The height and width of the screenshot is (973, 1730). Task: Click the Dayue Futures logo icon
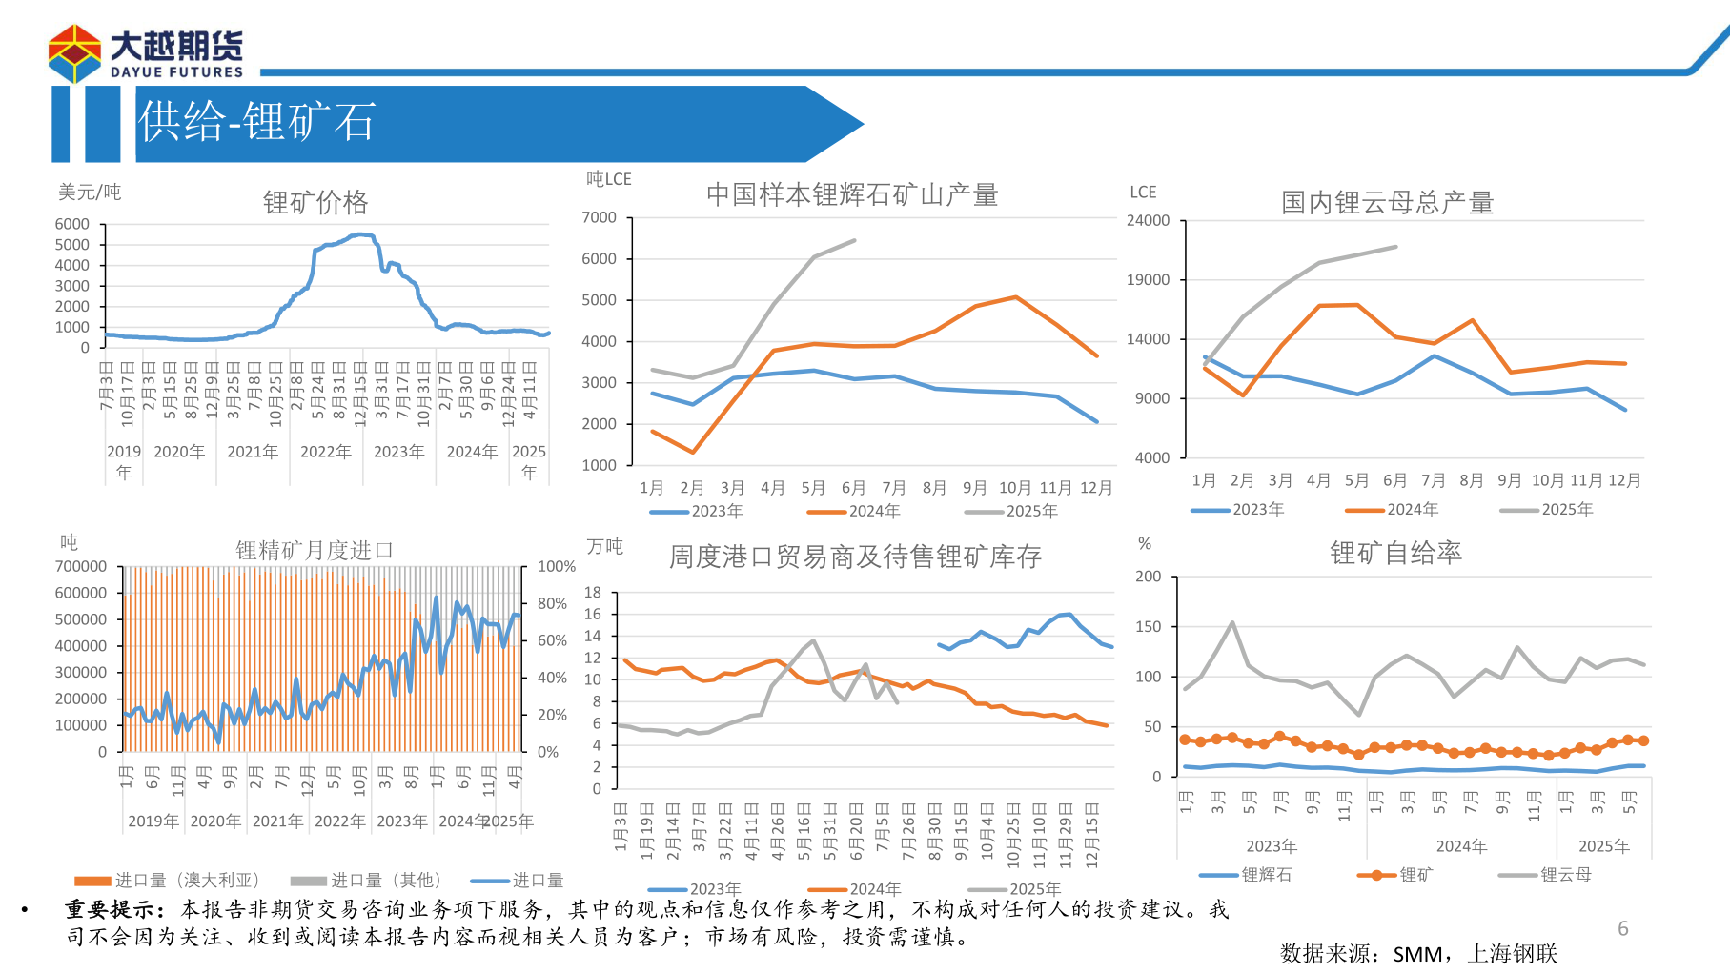(x=74, y=53)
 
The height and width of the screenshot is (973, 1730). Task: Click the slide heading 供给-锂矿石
(x=256, y=123)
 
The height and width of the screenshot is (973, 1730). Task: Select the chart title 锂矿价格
(x=315, y=202)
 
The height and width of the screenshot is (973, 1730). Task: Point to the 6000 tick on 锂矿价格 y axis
(x=72, y=224)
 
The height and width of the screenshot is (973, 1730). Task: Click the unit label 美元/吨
(x=90, y=193)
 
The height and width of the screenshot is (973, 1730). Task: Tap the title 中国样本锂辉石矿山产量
(x=852, y=195)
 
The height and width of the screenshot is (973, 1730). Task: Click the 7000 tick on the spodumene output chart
(x=600, y=217)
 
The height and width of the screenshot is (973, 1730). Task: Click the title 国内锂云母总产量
(x=1387, y=203)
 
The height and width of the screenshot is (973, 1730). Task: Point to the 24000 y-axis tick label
(x=1148, y=220)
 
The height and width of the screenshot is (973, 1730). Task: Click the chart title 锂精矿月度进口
(x=315, y=550)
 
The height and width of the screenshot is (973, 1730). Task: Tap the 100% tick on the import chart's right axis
(x=557, y=566)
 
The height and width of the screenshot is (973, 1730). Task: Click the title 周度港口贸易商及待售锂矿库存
(x=855, y=557)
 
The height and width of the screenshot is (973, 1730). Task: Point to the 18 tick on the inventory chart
(x=593, y=592)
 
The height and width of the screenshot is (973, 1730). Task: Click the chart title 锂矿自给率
(x=1395, y=553)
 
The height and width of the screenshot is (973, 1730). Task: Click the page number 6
(x=1623, y=928)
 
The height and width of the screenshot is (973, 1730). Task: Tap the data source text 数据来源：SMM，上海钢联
(x=1418, y=953)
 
